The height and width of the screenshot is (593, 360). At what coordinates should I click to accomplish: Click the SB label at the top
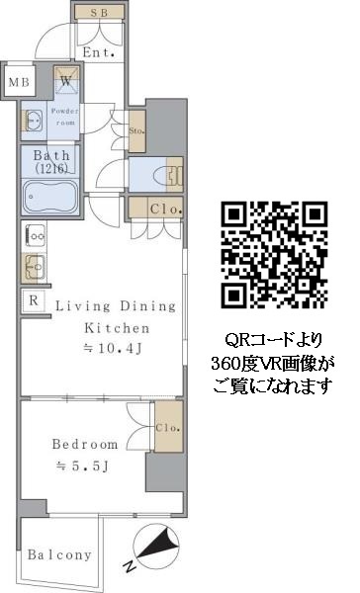tap(99, 13)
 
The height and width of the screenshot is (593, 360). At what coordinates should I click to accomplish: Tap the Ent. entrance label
tap(99, 52)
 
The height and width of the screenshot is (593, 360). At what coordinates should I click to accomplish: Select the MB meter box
tap(19, 82)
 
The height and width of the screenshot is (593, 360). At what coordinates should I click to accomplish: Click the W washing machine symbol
tap(66, 80)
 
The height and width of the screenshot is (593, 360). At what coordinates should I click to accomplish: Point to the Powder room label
tap(65, 117)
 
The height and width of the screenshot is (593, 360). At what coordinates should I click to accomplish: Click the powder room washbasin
tap(34, 121)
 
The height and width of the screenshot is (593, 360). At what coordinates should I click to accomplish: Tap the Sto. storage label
tap(136, 130)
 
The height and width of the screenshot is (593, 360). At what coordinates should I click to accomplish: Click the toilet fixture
tap(169, 176)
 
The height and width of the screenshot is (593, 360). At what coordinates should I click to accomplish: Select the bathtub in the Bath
tap(50, 197)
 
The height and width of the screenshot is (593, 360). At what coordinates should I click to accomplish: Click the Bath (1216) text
tap(51, 161)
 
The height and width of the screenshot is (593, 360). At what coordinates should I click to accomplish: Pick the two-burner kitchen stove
tap(35, 236)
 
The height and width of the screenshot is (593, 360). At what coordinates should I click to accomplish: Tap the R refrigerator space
tap(34, 300)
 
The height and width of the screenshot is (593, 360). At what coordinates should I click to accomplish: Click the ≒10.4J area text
tap(113, 348)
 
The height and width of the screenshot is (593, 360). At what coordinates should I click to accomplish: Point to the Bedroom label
tap(85, 444)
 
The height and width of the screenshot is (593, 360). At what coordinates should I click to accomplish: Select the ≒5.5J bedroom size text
tap(82, 466)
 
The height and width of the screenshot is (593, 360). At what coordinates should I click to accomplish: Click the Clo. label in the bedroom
tap(168, 428)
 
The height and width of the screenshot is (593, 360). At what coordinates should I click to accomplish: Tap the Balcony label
tap(59, 554)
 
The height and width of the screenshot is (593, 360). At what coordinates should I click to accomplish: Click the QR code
tap(274, 254)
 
